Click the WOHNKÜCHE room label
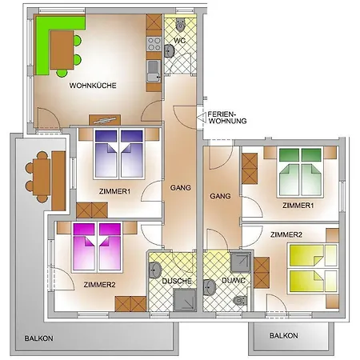[93, 86]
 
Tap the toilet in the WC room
[181, 25]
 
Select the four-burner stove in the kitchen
[154, 44]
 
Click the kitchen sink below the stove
[154, 71]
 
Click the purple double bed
[119, 154]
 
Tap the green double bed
[300, 172]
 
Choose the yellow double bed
[313, 268]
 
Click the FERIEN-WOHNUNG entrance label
[227, 118]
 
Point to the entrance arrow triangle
[202, 118]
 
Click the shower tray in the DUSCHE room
[185, 300]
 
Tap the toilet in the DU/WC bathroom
[240, 301]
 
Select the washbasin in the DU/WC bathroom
[210, 287]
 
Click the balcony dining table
[42, 177]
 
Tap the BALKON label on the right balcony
[284, 335]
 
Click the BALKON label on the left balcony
[38, 338]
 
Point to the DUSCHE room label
[177, 281]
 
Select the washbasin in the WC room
[169, 50]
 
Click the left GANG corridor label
[181, 188]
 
